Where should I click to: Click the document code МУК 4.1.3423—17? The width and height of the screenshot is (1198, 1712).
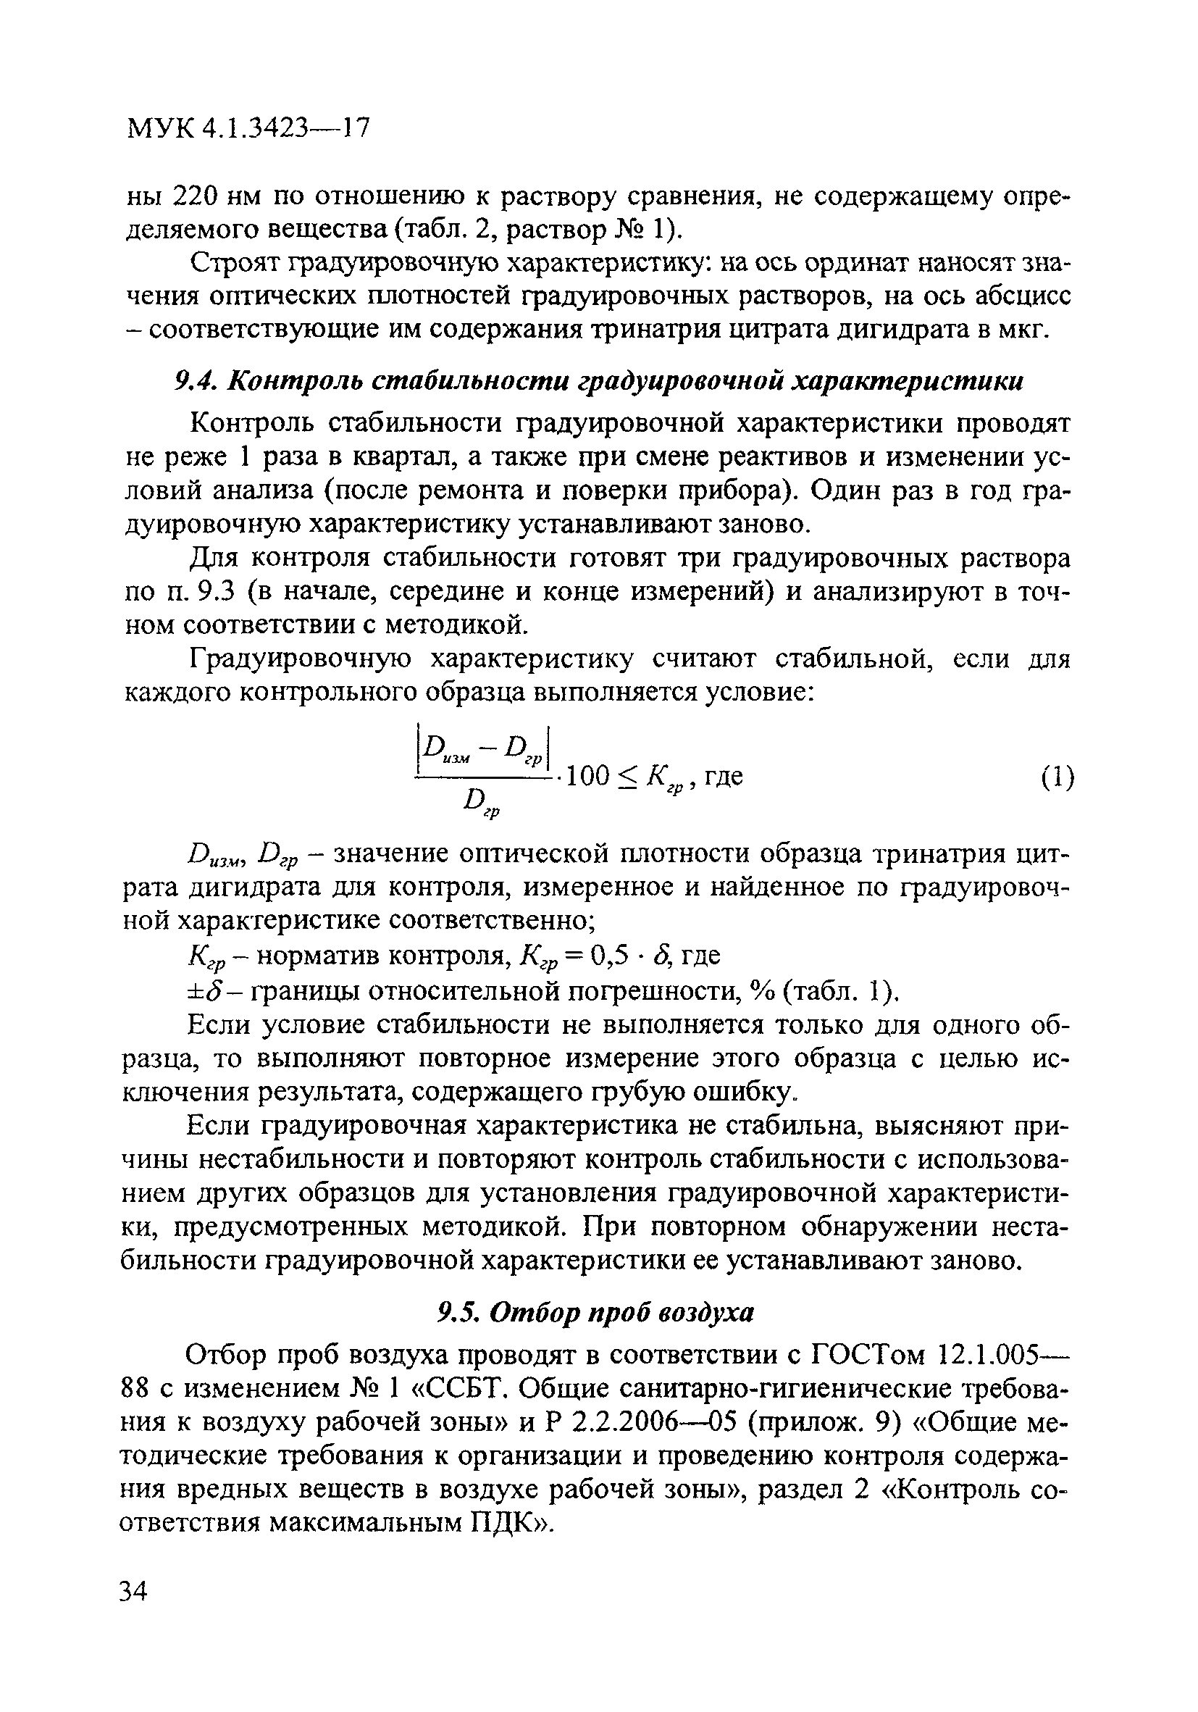pos(248,128)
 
